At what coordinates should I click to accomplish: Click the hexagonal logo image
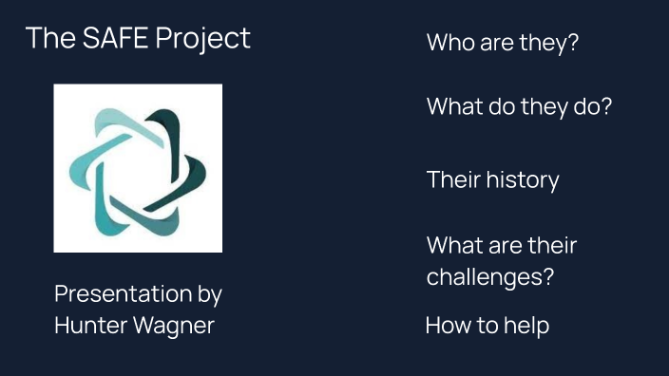138,168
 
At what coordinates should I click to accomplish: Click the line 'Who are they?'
502,43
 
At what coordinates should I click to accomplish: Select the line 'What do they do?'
519,106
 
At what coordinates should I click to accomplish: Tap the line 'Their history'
492,180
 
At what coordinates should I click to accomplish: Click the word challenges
485,278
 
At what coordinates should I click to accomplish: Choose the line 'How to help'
487,327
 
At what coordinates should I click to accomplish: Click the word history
523,180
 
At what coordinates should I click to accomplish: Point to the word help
527,327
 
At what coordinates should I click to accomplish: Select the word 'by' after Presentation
210,295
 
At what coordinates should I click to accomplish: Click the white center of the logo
138,169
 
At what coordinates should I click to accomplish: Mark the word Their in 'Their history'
453,180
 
